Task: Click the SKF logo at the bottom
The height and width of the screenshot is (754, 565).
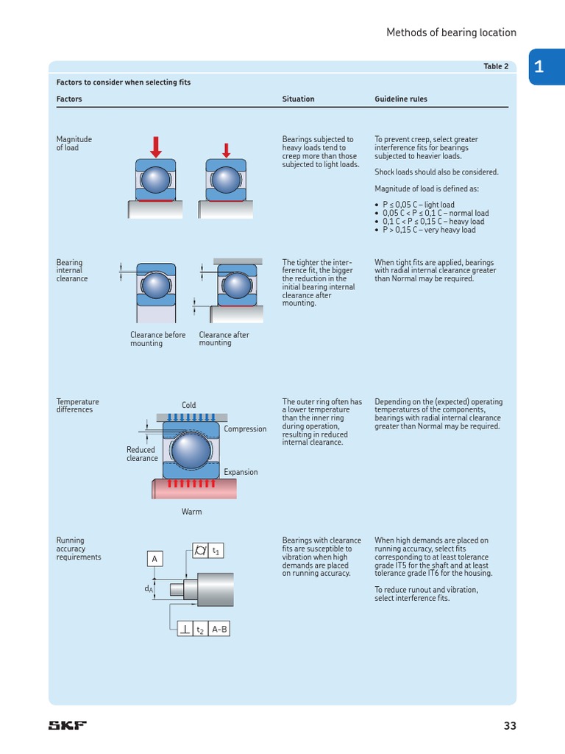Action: click(68, 725)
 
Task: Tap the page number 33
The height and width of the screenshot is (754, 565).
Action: click(510, 725)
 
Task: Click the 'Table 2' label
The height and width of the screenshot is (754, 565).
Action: click(496, 66)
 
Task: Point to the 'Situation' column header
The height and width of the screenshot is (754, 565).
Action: click(298, 99)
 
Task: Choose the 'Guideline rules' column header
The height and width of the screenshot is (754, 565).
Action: click(400, 99)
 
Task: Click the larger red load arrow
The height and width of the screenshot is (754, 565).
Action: click(156, 146)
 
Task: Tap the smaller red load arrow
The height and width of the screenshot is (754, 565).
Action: click(226, 149)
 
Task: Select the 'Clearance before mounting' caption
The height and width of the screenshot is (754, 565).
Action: click(157, 339)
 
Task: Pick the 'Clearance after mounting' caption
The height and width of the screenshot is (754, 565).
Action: click(224, 339)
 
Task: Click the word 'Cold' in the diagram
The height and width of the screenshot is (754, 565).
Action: click(189, 405)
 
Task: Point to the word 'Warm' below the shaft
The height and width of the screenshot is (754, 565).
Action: click(191, 512)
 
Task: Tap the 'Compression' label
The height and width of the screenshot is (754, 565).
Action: click(245, 429)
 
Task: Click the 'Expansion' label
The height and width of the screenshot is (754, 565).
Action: click(241, 472)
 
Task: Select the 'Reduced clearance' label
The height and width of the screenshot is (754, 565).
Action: click(141, 454)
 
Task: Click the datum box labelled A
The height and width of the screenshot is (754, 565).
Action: click(154, 559)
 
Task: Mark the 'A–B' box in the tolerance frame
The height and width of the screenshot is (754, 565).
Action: click(219, 629)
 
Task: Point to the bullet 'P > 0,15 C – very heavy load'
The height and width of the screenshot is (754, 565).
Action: click(428, 230)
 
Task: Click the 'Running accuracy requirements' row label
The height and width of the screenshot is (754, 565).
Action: click(79, 549)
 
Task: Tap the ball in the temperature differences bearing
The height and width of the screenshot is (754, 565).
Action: click(190, 450)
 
